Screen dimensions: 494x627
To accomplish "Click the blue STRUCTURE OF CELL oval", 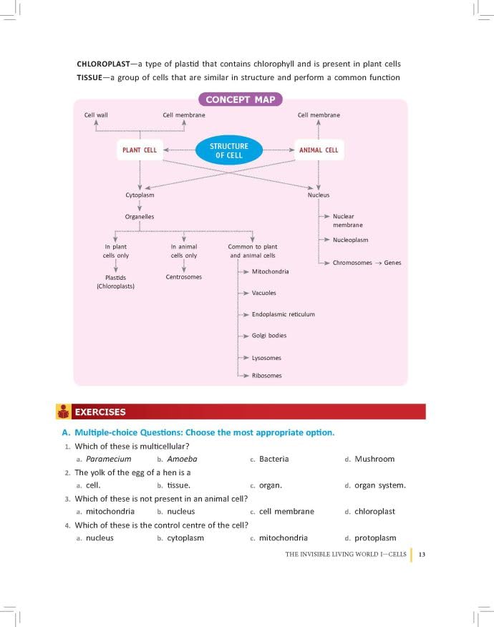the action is (x=229, y=150).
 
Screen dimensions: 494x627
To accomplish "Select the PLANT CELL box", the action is (x=140, y=150).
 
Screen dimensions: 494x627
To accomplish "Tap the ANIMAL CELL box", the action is (x=319, y=150).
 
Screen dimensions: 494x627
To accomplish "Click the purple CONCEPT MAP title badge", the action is (x=241, y=99).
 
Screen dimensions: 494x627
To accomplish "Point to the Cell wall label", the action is (x=96, y=115).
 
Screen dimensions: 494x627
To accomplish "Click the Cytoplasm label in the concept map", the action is (x=140, y=195).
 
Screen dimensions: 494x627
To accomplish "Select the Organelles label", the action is (x=139, y=217).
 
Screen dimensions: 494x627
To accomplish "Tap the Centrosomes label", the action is (x=183, y=277).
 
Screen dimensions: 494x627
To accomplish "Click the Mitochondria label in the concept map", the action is (x=271, y=271).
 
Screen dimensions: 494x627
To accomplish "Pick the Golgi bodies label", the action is (x=269, y=336).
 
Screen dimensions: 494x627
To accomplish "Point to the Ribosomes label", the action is (x=267, y=376).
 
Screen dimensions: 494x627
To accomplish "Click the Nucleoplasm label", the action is (x=350, y=240).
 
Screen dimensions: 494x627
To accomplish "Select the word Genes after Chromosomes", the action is (x=392, y=263).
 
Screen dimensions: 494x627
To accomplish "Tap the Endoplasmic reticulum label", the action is (x=284, y=314).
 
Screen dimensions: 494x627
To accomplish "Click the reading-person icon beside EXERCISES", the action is (x=63, y=412).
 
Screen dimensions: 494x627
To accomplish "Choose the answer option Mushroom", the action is (x=374, y=459).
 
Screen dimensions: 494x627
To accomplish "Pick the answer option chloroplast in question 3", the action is (x=375, y=512).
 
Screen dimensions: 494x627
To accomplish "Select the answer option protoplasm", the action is (x=375, y=538).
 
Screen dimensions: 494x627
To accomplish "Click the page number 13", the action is (x=422, y=555).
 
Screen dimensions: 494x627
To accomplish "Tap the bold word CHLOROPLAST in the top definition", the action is (x=104, y=64).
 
